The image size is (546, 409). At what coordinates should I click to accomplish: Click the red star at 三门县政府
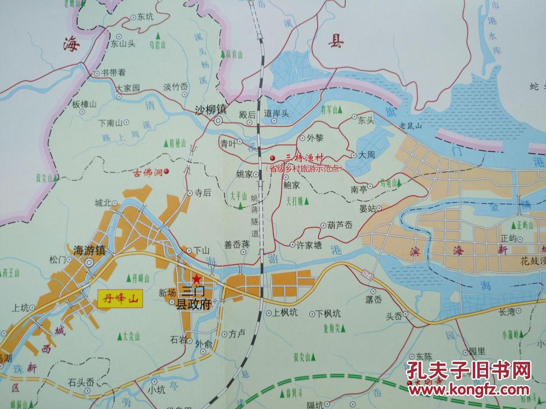click(196, 279)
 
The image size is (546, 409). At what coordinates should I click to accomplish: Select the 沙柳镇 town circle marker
click(218, 121)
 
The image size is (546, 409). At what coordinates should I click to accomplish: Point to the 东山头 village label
click(123, 45)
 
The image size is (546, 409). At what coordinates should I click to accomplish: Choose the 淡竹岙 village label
click(176, 87)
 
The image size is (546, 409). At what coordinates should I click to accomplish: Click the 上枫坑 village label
click(285, 313)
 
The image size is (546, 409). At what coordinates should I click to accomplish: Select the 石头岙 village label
click(81, 382)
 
